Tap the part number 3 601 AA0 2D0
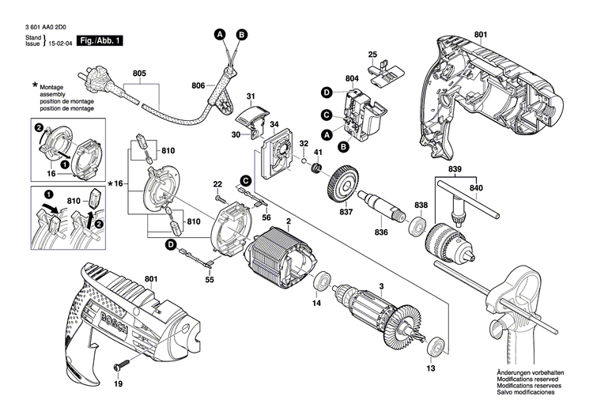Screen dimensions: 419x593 pyautogui.click(x=38, y=25)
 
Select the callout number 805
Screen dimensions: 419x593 pyautogui.click(x=140, y=74)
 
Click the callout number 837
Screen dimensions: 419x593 pyautogui.click(x=346, y=212)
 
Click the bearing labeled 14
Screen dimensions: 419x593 pyautogui.click(x=322, y=283)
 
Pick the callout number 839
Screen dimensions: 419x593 pyautogui.click(x=453, y=169)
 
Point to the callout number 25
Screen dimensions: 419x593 pyautogui.click(x=373, y=54)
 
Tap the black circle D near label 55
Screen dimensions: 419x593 pyautogui.click(x=170, y=244)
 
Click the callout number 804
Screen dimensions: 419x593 pyautogui.click(x=353, y=77)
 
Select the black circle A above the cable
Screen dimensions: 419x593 pyautogui.click(x=221, y=34)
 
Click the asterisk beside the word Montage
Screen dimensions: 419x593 pyautogui.click(x=35, y=84)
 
